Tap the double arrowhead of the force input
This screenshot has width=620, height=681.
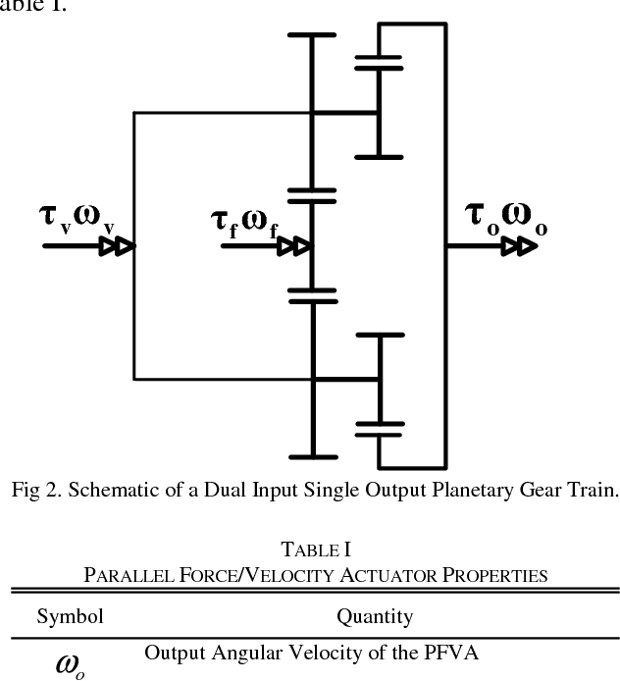click(x=293, y=246)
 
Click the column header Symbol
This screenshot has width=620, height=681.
click(x=70, y=617)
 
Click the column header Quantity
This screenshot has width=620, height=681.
click(x=375, y=617)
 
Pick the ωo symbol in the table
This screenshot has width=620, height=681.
click(x=70, y=663)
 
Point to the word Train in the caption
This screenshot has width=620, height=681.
click(x=591, y=491)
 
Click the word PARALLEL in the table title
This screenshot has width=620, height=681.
click(x=128, y=574)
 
